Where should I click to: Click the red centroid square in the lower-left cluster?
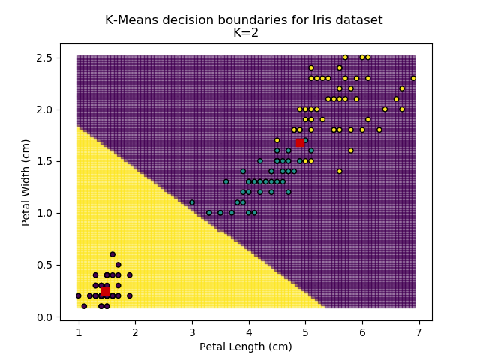click(x=105, y=291)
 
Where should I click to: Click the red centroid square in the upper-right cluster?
click(x=300, y=142)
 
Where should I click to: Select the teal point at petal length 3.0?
click(x=192, y=202)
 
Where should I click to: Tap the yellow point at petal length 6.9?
click(x=413, y=78)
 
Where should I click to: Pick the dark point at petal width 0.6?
click(x=112, y=254)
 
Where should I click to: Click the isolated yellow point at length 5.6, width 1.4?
click(x=340, y=171)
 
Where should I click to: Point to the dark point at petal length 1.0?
click(x=78, y=295)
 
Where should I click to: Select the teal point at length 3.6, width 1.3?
click(x=226, y=181)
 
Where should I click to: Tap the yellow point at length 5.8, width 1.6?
click(x=351, y=151)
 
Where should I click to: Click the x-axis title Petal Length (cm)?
click(x=246, y=346)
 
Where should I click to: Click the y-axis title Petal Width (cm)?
click(x=26, y=181)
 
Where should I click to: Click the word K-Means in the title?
click(x=130, y=20)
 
